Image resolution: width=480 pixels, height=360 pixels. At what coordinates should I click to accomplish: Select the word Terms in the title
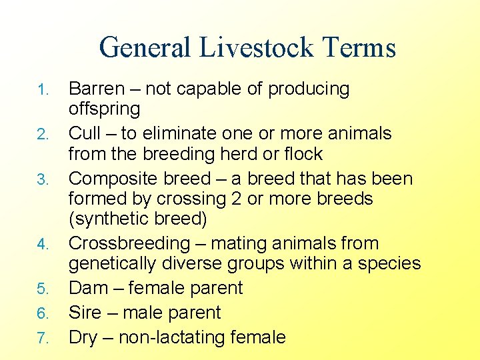pos(358,48)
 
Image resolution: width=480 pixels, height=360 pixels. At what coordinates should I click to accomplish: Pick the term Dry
pos(83,338)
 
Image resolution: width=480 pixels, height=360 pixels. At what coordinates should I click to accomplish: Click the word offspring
pos(104,109)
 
